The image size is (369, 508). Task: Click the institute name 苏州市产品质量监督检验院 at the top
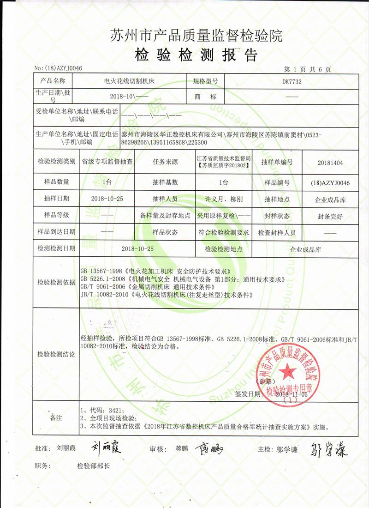pos(196,35)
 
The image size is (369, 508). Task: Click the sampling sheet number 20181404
pos(331,162)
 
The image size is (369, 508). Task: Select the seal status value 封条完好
pos(330,216)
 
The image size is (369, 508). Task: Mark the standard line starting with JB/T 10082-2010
pos(167,294)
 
